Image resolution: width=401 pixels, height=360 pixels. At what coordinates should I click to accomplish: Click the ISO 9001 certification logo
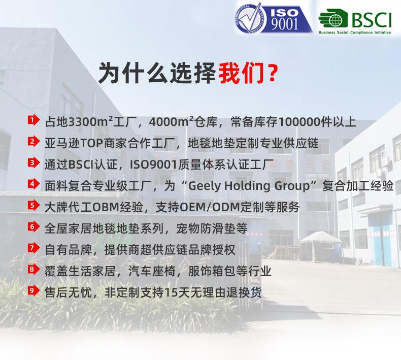(274, 18)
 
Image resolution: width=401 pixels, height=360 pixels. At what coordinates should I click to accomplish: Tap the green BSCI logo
(355, 21)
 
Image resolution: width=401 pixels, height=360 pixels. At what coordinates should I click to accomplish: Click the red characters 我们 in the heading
(241, 73)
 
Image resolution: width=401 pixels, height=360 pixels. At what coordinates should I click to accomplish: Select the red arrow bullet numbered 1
(34, 120)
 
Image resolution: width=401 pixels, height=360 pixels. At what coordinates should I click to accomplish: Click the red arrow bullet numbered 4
(34, 184)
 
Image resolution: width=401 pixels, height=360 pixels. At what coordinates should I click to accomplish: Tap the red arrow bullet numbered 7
(34, 248)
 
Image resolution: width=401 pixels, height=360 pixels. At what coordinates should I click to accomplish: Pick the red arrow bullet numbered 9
(34, 291)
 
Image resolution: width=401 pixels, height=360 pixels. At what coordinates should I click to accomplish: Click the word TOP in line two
(92, 144)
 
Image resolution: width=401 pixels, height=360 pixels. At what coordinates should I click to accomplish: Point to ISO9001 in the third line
(154, 165)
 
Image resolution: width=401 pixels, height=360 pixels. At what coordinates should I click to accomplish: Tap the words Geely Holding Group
(249, 186)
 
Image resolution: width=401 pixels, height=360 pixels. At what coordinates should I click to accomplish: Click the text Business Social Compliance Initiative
(355, 32)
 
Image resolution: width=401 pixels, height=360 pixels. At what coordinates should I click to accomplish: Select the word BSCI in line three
(81, 165)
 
